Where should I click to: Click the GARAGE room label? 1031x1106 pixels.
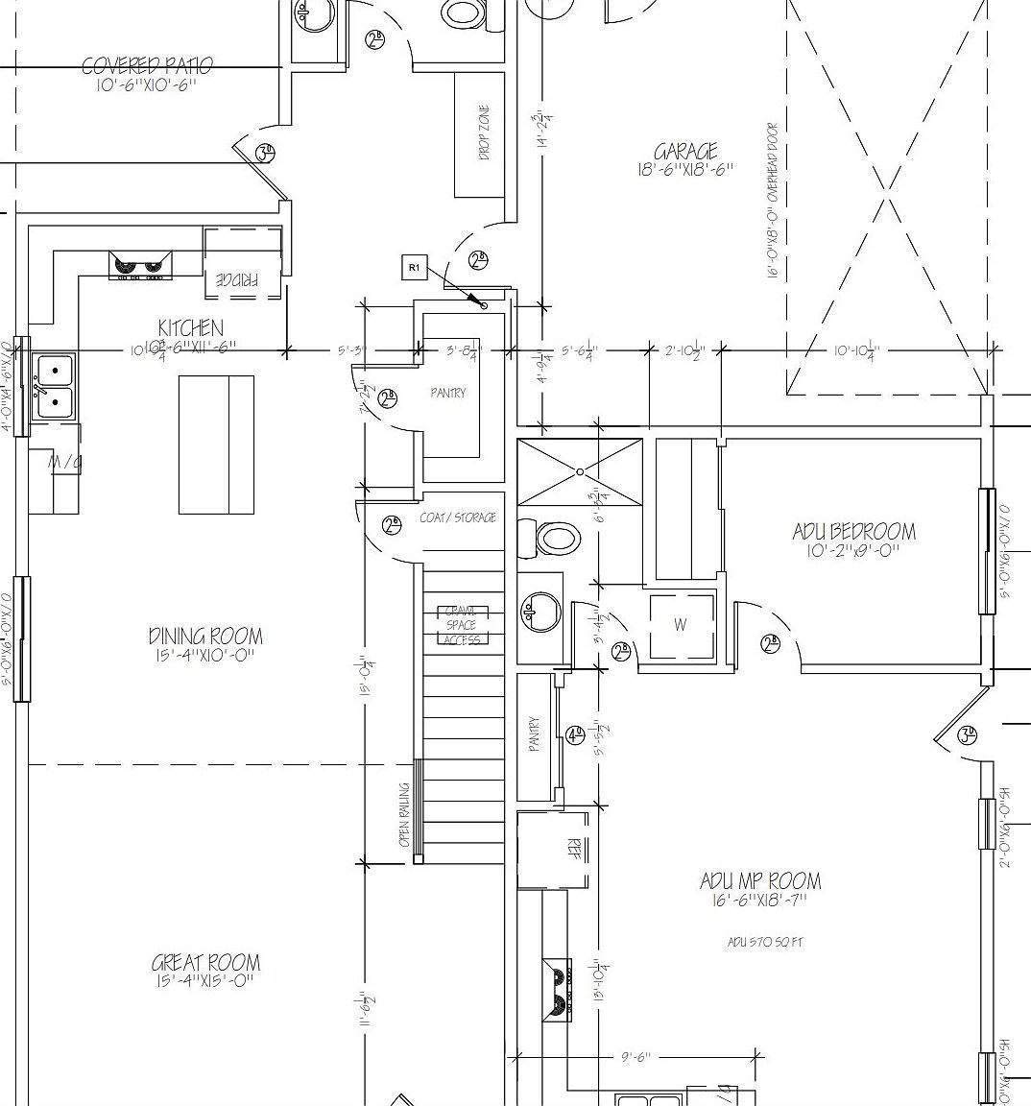[685, 152]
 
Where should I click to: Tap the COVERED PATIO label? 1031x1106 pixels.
[147, 66]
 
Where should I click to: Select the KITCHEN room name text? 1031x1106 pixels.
[191, 328]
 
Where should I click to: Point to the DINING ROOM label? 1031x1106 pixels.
[205, 636]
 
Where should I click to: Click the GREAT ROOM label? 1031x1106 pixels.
[205, 963]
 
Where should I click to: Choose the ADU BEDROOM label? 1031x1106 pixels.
[853, 531]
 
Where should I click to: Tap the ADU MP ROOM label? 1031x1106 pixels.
[760, 881]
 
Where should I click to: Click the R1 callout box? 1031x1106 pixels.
[414, 268]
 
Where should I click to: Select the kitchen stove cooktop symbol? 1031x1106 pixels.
[140, 264]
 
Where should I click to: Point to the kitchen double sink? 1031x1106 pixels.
[55, 387]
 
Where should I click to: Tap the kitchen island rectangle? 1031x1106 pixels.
[216, 445]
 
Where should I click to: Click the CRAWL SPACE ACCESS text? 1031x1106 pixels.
[462, 625]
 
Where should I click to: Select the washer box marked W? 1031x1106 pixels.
[681, 626]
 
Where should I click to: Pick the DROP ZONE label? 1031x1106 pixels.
[485, 132]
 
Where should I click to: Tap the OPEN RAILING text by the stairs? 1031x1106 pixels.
[404, 814]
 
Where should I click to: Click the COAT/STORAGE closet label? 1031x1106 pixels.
[458, 517]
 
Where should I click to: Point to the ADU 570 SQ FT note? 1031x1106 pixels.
[764, 942]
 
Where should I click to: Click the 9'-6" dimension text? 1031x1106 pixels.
[635, 1057]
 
